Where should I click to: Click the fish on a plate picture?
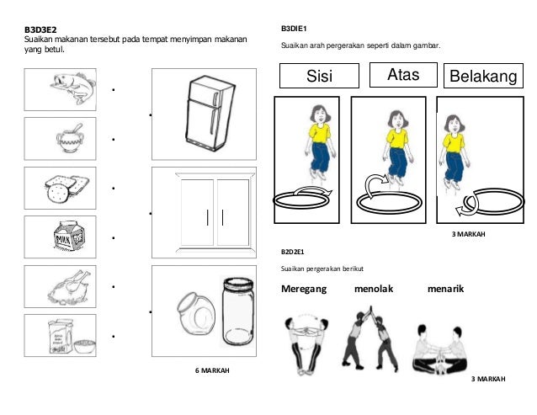[61, 87]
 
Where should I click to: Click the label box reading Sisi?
[319, 77]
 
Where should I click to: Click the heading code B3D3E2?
[40, 29]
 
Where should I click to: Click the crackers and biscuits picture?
[61, 187]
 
